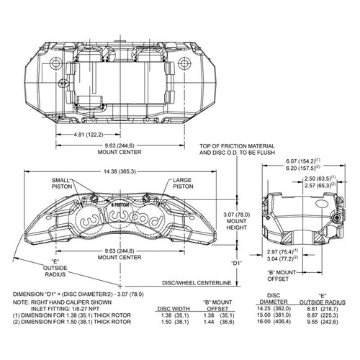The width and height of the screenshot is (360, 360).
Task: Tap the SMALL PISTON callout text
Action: [62, 183]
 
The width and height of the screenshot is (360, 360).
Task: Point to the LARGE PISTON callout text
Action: [183, 183]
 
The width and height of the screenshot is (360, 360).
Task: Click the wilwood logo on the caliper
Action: [122, 219]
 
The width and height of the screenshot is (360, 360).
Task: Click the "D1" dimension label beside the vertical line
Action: [236, 264]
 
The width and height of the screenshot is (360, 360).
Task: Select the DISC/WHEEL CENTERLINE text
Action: [197, 283]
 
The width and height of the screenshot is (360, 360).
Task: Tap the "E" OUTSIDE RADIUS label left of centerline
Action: [55, 268]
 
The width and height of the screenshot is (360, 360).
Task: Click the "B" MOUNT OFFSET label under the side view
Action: [282, 276]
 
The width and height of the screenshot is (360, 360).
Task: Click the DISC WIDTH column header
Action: [174, 309]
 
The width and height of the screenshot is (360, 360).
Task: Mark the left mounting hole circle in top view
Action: [56, 63]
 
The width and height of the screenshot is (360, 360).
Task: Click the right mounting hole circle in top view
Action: [184, 63]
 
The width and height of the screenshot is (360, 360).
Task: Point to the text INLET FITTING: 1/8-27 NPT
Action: [65, 309]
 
